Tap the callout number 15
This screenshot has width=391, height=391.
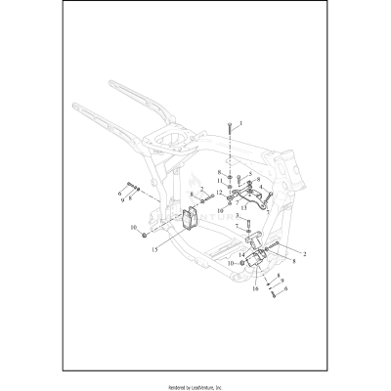pyautogui.click(x=154, y=248)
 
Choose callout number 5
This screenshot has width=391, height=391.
pyautogui.click(x=250, y=175)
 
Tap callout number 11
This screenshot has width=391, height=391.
pyautogui.click(x=220, y=183)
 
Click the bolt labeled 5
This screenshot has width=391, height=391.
pyautogui.click(x=239, y=178)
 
